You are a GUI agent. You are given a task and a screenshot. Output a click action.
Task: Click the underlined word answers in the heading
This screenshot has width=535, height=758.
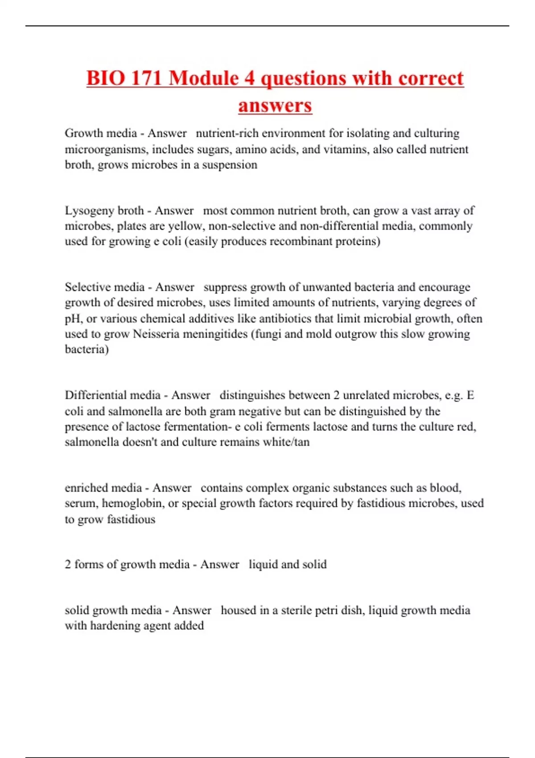(275, 106)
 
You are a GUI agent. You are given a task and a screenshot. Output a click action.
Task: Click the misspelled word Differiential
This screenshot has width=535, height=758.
(112, 395)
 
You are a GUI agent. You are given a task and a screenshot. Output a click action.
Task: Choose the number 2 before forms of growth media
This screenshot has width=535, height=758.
(68, 564)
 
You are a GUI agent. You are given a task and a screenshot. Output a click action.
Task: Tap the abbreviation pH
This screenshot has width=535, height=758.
(73, 319)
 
